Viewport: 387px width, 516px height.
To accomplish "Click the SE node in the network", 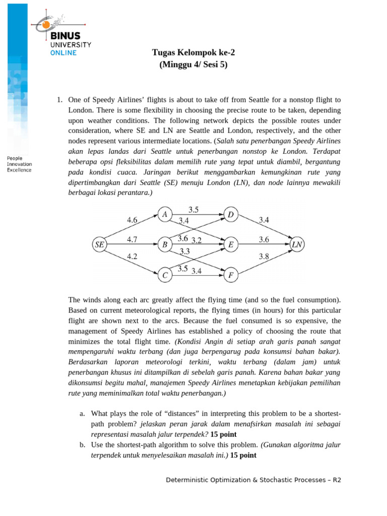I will (x=99, y=245).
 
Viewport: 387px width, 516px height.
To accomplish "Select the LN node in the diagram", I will (x=297, y=245).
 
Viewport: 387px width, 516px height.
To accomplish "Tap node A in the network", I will (x=164, y=215).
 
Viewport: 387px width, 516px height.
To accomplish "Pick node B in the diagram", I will (x=164, y=245).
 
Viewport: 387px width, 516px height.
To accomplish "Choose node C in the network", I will (x=164, y=275).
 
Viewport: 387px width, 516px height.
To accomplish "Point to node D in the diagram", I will (x=231, y=215).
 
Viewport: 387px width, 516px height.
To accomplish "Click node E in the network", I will (x=231, y=245).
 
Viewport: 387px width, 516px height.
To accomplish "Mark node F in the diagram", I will (x=231, y=275).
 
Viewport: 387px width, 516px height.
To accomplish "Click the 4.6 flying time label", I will (x=133, y=220).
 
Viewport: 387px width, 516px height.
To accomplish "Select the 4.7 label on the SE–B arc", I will (x=133, y=239).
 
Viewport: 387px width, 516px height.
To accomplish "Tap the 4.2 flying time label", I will (x=133, y=256).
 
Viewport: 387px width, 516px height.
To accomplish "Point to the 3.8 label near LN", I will (x=264, y=256).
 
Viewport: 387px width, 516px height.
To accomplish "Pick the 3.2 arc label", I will (x=197, y=240).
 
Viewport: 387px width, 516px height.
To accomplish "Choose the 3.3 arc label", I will (x=184, y=251).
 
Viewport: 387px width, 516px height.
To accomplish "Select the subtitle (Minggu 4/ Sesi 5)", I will (x=193, y=64).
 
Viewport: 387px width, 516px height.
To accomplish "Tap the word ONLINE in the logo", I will (x=63, y=52).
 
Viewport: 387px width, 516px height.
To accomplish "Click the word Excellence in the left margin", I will (x=19, y=170).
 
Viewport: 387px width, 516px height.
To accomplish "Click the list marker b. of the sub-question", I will (x=82, y=445).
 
